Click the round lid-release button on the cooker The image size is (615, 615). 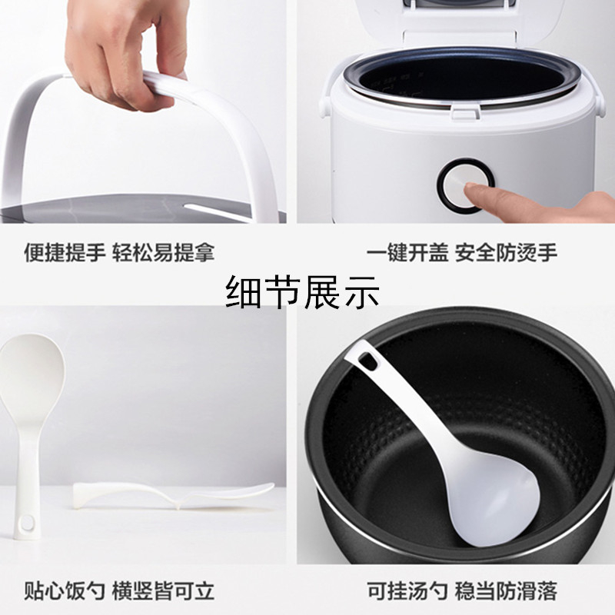(467, 186)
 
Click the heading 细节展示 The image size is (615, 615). (303, 292)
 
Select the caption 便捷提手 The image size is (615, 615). (65, 252)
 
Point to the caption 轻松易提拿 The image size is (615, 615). (163, 252)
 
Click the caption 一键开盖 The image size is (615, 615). (407, 252)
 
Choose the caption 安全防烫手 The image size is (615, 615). (506, 252)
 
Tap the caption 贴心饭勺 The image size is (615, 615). (65, 590)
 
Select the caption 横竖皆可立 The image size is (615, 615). (163, 590)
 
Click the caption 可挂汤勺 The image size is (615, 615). (407, 590)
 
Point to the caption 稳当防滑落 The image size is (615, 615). (506, 590)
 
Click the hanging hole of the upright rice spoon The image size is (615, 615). (28, 523)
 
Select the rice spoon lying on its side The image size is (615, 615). (172, 496)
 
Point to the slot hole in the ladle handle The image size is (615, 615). (368, 360)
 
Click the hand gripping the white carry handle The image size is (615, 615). (125, 51)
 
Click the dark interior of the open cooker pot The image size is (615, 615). (467, 78)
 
